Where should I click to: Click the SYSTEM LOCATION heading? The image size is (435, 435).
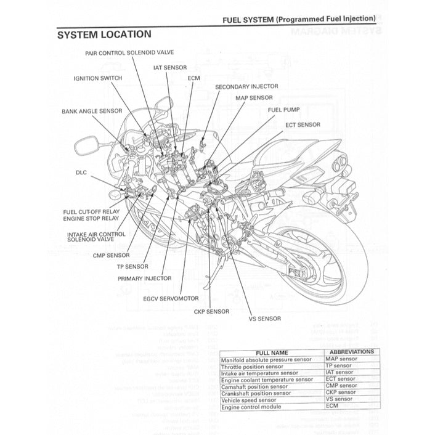[x=104, y=35]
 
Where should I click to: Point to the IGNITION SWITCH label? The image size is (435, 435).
[x=97, y=78]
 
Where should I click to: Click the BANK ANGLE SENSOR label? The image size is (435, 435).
[x=92, y=112]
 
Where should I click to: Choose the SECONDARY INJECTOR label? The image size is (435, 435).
[x=246, y=87]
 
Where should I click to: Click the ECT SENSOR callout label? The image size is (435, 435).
[x=303, y=124]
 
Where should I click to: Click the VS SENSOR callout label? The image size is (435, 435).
[x=264, y=319]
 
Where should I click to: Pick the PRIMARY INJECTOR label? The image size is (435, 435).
[x=145, y=278]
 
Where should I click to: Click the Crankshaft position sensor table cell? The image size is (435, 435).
[x=256, y=392]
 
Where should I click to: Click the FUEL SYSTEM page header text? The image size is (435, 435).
[x=299, y=19]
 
